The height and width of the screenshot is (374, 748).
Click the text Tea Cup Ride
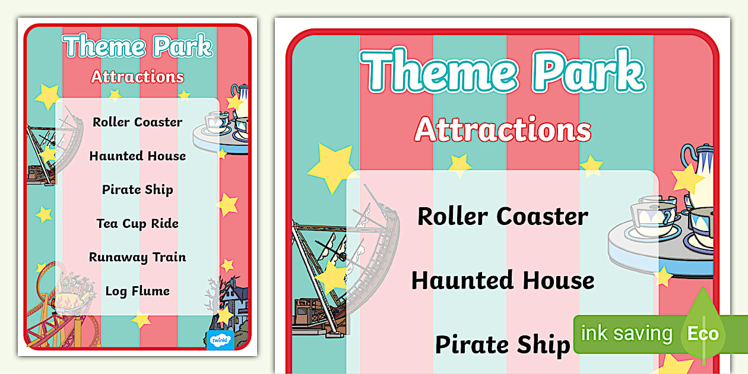pos(138,224)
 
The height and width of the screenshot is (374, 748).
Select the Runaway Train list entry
pos(138,258)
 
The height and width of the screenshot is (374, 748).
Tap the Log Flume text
pos(138,291)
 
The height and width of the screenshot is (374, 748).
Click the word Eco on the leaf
pos(703,333)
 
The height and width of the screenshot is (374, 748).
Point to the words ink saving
pos(626,333)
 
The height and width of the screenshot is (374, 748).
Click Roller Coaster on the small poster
pos(138,122)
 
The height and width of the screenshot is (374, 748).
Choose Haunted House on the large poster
pos(503,280)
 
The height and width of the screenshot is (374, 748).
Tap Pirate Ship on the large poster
pos(503,344)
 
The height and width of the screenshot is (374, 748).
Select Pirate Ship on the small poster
pos(138,190)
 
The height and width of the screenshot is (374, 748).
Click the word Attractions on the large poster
pos(503,129)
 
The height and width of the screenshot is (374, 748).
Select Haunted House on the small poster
pos(138,156)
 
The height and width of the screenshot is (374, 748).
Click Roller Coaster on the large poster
pos(503,216)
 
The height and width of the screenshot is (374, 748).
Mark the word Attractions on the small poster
pos(138,77)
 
